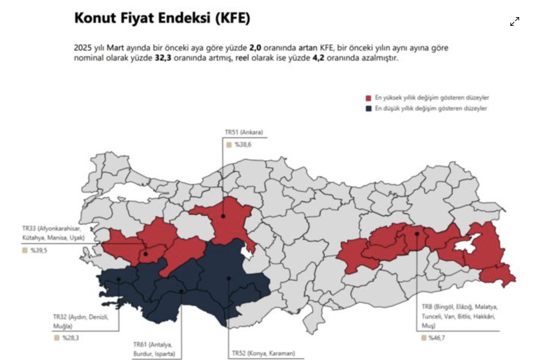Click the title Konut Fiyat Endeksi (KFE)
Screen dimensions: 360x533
(x=162, y=18)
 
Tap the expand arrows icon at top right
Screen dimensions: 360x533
(x=514, y=21)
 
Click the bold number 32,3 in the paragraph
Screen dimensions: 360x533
(x=163, y=58)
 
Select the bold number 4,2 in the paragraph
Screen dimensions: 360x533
(x=318, y=58)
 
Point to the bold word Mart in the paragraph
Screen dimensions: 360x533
(x=115, y=48)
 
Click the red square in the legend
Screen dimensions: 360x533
(x=368, y=98)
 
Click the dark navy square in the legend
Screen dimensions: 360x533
(x=368, y=109)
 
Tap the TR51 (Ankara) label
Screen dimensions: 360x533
(x=244, y=132)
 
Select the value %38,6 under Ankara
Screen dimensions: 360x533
(x=243, y=145)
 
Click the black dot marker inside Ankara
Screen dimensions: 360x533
(x=223, y=216)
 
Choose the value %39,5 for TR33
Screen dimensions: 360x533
(x=39, y=250)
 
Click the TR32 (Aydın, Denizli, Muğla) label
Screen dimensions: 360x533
(x=81, y=321)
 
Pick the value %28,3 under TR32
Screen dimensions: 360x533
(x=70, y=338)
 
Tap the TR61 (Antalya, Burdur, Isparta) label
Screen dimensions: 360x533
(x=154, y=349)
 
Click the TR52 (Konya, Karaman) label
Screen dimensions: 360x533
(x=263, y=353)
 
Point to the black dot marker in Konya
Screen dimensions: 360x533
(x=229, y=278)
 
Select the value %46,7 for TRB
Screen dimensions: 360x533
(x=436, y=338)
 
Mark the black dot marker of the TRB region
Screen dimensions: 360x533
(x=417, y=234)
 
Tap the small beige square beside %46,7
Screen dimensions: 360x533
(x=424, y=338)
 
